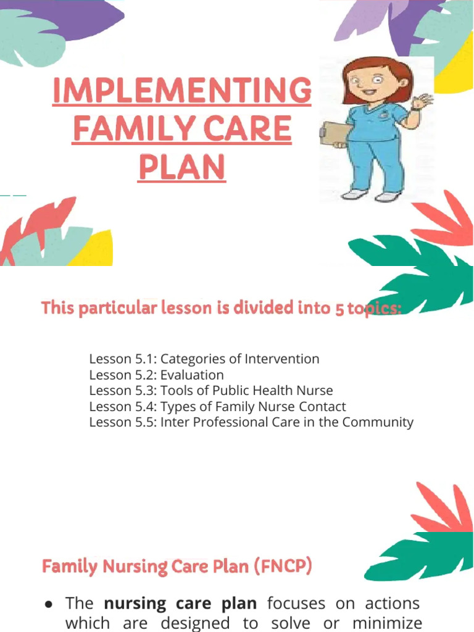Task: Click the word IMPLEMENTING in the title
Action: point(182,90)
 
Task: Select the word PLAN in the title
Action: point(182,167)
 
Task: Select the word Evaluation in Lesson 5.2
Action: point(192,375)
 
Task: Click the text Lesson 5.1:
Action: point(123,359)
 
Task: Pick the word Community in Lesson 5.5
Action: point(378,422)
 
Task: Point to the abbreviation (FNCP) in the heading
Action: point(283,566)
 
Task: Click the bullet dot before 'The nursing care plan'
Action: point(49,604)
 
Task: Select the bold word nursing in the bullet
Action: point(135,604)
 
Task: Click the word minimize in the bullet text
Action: point(387,623)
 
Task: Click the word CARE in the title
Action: point(247,128)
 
